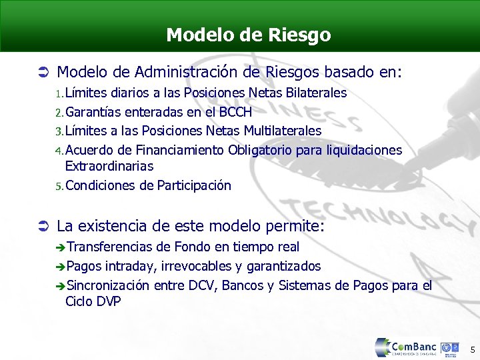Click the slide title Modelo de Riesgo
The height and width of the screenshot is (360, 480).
tap(248, 35)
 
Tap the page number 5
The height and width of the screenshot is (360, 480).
tap(472, 349)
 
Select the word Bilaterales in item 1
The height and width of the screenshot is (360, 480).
tap(313, 93)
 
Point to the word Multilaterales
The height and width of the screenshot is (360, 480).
tap(283, 131)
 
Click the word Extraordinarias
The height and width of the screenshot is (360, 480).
tap(109, 166)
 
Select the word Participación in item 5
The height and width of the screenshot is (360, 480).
tap(194, 185)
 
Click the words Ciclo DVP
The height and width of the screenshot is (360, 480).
tap(93, 302)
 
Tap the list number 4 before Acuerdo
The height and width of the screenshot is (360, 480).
tap(59, 151)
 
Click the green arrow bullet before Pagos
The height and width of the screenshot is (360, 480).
tap(60, 267)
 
